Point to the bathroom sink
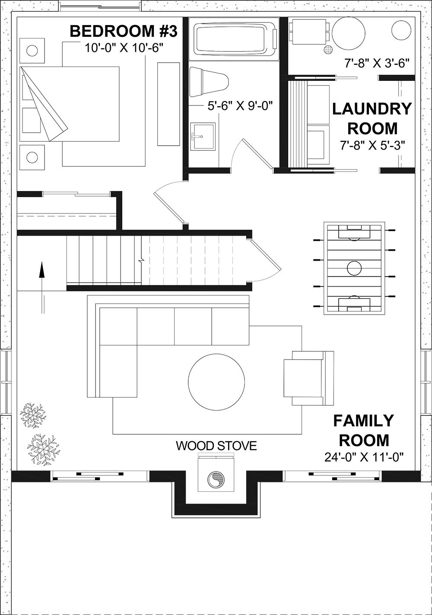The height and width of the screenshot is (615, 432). [203, 136]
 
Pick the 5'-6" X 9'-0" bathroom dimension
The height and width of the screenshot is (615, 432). [241, 105]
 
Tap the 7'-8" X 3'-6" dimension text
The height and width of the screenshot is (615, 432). [377, 63]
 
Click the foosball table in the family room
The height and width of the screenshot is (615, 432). [354, 268]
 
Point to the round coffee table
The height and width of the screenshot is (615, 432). [216, 381]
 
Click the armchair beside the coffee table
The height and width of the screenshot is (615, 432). [308, 378]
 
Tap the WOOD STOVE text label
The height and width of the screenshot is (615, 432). [216, 446]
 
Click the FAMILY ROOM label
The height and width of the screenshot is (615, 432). [364, 430]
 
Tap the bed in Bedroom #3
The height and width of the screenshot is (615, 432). [69, 104]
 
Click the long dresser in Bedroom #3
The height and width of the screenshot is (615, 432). [168, 104]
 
